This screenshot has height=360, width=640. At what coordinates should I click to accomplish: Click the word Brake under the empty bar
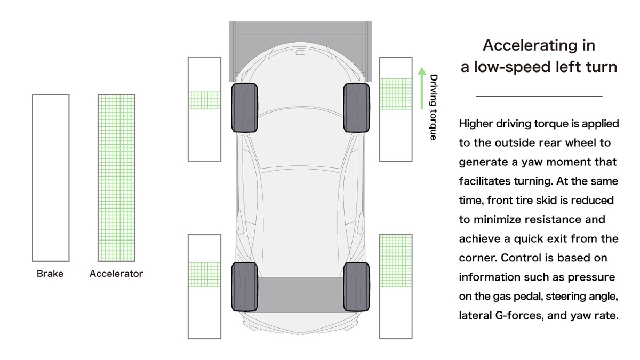tap(50, 274)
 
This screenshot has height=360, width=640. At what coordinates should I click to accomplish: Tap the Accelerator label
tap(116, 274)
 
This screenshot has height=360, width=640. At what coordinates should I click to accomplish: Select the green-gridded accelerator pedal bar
tap(116, 178)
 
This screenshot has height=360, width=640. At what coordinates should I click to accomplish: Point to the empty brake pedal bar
tap(51, 178)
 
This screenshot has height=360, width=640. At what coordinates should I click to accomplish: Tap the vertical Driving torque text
tap(434, 107)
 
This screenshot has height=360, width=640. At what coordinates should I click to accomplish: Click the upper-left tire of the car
tap(244, 108)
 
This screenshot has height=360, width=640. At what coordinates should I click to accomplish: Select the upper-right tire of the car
tap(357, 108)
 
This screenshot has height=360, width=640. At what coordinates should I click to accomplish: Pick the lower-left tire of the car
tap(244, 286)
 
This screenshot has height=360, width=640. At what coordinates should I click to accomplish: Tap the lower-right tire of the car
tap(357, 286)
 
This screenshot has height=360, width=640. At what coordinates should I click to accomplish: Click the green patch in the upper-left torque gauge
tap(204, 100)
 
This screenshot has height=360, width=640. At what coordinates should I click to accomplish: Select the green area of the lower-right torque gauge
tap(395, 260)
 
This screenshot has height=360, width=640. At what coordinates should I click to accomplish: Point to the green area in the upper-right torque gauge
tap(395, 94)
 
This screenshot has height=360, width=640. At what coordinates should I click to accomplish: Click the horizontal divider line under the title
tap(539, 97)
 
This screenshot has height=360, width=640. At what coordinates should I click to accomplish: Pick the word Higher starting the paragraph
tap(477, 124)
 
